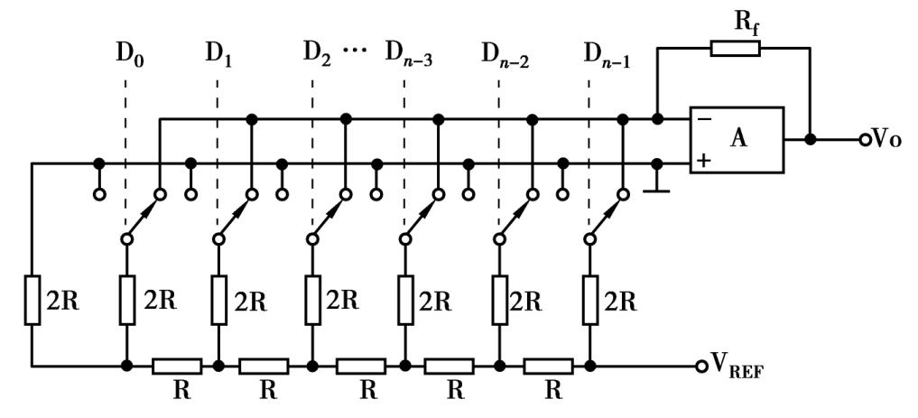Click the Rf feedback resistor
click(735, 48)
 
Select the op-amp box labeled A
click(737, 140)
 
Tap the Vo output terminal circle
click(865, 140)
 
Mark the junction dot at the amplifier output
click(811, 140)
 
